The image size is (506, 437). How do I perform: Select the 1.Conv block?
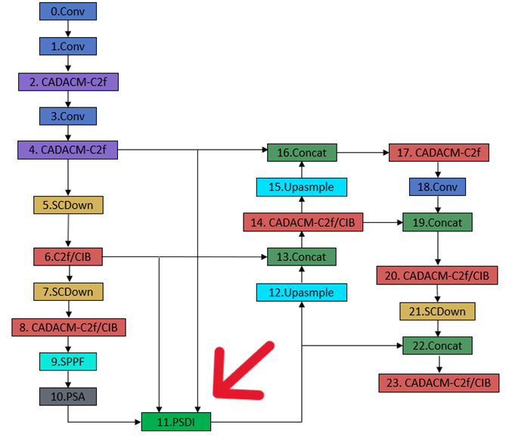point(68,46)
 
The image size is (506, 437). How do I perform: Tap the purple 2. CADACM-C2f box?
point(69,81)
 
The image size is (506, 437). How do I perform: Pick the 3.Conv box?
point(68,116)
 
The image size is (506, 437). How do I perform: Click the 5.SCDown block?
point(68,205)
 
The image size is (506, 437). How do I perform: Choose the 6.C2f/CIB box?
point(68,257)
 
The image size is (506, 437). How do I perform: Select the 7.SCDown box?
point(68,291)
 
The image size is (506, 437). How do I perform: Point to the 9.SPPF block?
point(68,362)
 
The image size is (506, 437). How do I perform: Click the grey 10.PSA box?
point(68,396)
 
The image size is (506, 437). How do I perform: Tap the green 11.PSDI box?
point(176,420)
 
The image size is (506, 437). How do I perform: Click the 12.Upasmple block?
point(301,291)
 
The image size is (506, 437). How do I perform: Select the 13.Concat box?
point(301,257)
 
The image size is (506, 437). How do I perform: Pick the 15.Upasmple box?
point(301,187)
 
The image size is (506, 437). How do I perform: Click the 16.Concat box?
point(301,153)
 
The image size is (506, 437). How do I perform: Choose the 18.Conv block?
point(438,187)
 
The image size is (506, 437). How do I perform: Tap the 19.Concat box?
point(438,222)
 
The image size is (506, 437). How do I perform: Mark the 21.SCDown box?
point(438,311)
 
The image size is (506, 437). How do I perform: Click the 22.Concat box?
point(438,346)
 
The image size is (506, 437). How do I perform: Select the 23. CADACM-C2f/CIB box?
point(439,383)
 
